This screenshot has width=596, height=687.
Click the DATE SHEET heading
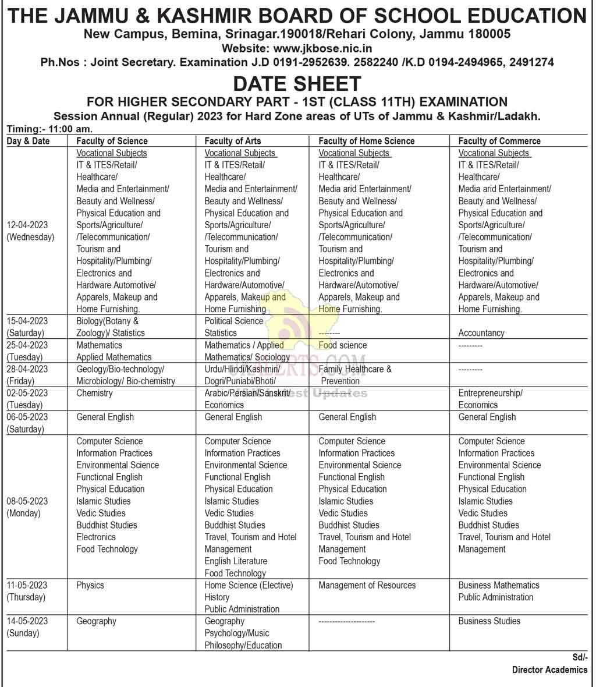297,84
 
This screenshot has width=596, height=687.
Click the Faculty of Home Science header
366,141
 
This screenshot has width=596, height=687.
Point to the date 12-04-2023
27,225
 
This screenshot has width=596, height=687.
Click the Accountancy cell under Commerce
481,333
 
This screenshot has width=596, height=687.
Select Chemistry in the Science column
94,393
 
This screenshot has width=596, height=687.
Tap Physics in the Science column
90,585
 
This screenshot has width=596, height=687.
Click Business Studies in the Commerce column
489,621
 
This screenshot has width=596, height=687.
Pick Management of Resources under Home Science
367,585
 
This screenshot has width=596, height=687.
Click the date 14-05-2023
27,621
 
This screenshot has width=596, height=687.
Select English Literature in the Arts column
236,561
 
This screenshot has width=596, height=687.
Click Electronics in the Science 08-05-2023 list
96,537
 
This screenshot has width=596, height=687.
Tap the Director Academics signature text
549,670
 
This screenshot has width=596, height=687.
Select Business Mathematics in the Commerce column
498,585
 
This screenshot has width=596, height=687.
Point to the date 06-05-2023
27,417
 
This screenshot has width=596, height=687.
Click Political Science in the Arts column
233,321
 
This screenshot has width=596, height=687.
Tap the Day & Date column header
28,141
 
